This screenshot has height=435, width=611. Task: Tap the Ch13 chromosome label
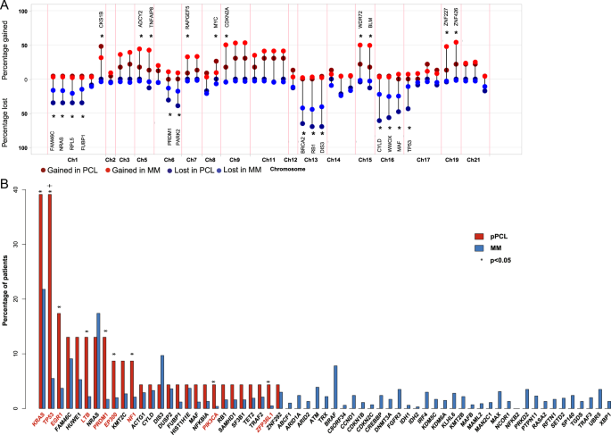(310, 159)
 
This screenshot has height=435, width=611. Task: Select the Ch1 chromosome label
(72, 159)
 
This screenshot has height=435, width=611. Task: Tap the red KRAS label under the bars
(38, 420)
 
